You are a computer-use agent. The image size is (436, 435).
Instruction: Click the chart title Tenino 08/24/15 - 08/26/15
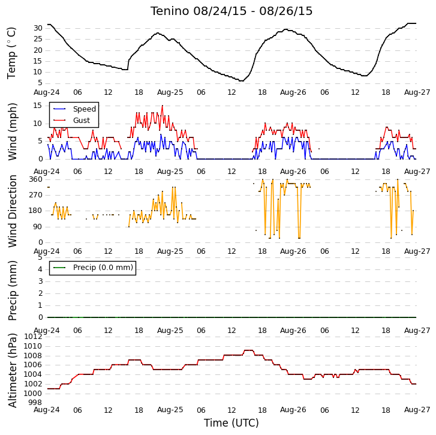[231, 11]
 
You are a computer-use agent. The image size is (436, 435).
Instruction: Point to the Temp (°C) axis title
[11, 53]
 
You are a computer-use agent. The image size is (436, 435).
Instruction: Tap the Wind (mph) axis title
[12, 131]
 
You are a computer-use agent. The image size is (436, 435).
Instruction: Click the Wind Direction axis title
[12, 211]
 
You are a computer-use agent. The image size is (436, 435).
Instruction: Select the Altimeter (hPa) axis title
[12, 370]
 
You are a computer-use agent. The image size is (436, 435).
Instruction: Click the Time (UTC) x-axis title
[231, 423]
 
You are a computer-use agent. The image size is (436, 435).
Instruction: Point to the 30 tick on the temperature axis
[38, 28]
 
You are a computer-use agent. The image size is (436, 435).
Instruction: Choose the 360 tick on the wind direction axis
[36, 179]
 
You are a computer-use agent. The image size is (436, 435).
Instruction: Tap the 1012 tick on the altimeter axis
[34, 337]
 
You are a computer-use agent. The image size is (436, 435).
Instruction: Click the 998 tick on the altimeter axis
[36, 403]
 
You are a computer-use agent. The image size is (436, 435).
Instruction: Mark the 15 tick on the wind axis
[38, 106]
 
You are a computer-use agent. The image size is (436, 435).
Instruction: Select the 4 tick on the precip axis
[40, 269]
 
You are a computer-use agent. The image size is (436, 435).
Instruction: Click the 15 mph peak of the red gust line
[163, 106]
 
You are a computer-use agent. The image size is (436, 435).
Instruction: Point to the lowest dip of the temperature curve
[242, 80]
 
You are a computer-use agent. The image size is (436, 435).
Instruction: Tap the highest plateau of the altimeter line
[249, 350]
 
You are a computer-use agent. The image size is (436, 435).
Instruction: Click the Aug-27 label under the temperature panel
[417, 92]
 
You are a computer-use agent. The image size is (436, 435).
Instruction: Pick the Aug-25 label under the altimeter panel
[170, 410]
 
